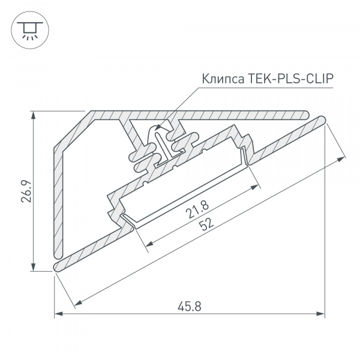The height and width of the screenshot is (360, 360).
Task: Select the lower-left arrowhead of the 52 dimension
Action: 77,302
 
